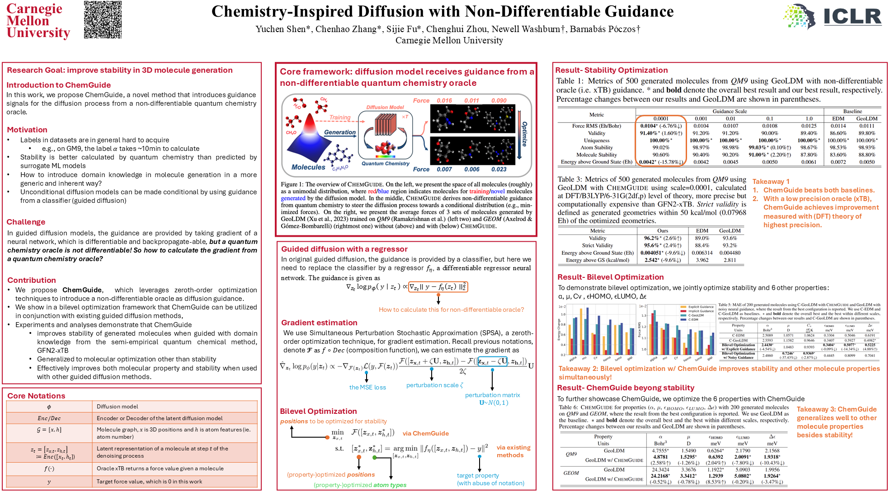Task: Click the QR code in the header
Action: pyautogui.click(x=103, y=19)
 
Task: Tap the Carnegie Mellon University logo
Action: pyautogui.click(x=38, y=21)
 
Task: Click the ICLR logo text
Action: pyautogui.click(x=852, y=17)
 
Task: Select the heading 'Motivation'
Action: pyautogui.click(x=27, y=130)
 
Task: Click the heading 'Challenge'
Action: pyautogui.click(x=26, y=222)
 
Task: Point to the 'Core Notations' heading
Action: pyautogui.click(x=36, y=396)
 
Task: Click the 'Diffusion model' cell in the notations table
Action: pyautogui.click(x=118, y=407)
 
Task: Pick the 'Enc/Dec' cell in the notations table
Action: pyautogui.click(x=49, y=418)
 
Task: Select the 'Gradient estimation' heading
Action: pyautogui.click(x=319, y=323)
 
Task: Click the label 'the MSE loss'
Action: pyautogui.click(x=367, y=387)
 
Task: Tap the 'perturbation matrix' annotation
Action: pyautogui.click(x=492, y=395)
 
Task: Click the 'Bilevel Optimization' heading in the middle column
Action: pyautogui.click(x=318, y=411)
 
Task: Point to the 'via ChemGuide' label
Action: pyautogui.click(x=425, y=433)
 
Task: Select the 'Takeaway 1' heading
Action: pyautogui.click(x=771, y=182)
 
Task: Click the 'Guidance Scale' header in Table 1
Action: pyautogui.click(x=730, y=111)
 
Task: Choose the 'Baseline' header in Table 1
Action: pyautogui.click(x=852, y=111)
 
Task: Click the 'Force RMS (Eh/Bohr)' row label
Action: pyautogui.click(x=596, y=126)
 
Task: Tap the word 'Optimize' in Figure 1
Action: pyautogui.click(x=524, y=134)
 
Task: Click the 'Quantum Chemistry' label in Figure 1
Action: pyautogui.click(x=385, y=164)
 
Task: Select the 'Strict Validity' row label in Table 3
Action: pyautogui.click(x=597, y=245)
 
